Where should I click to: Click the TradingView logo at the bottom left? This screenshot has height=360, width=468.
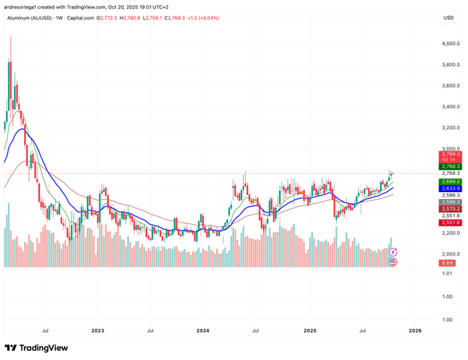tap(37, 348)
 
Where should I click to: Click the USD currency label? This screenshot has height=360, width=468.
tap(448, 17)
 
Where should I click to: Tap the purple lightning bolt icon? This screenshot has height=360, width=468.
tap(393, 252)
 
